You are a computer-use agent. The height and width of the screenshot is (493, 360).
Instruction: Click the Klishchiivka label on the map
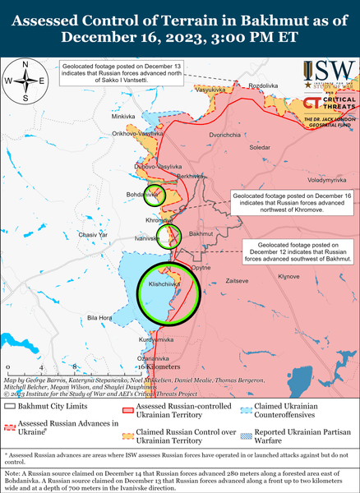click(x=163, y=283)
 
